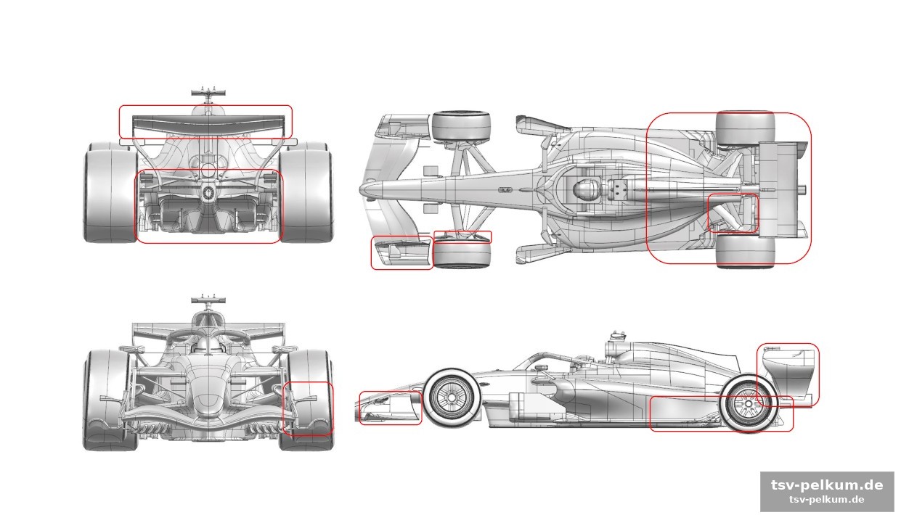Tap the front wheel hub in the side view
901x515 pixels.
click(452, 397)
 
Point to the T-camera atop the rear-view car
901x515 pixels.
click(208, 94)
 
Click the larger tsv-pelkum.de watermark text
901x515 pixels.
click(827, 485)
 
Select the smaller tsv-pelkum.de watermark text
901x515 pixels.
click(827, 500)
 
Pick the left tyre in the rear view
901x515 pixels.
click(110, 192)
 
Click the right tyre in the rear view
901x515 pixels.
click(306, 192)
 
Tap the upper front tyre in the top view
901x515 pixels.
click(461, 125)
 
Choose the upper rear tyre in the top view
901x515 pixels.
click(746, 128)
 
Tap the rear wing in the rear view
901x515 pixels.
click(209, 123)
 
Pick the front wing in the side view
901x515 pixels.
click(388, 408)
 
